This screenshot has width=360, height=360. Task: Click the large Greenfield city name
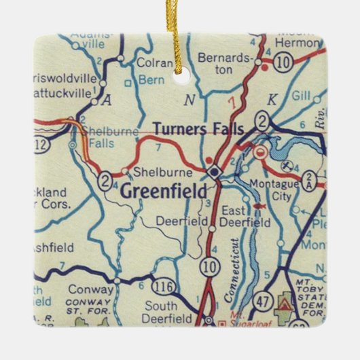click(163, 192)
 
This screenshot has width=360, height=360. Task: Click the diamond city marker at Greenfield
click(215, 173)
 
